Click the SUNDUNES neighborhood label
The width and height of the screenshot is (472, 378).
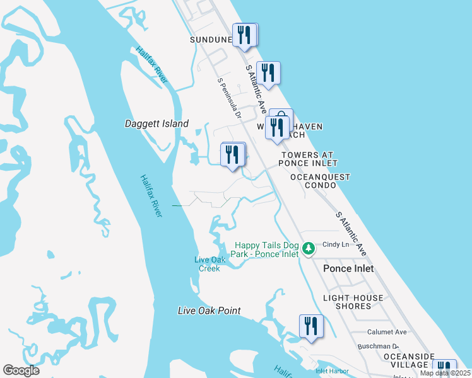click(x=211, y=39)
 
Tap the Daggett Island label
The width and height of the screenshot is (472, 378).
click(x=156, y=124)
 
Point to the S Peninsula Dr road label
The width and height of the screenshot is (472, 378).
click(x=230, y=98)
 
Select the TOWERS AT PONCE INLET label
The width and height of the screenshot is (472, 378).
click(x=307, y=159)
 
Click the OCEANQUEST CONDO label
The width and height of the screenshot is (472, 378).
click(x=320, y=181)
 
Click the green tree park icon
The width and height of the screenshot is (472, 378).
click(x=309, y=249)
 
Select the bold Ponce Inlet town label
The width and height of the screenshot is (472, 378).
click(x=348, y=268)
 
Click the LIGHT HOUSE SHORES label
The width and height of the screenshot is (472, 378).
click(x=353, y=302)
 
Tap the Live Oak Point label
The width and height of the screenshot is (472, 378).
click(x=209, y=311)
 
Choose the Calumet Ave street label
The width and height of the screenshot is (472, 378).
click(x=387, y=332)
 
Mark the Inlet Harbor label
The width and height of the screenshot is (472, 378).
click(x=332, y=371)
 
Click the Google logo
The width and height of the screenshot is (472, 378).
click(x=21, y=370)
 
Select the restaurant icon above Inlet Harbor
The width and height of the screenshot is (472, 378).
click(x=311, y=326)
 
